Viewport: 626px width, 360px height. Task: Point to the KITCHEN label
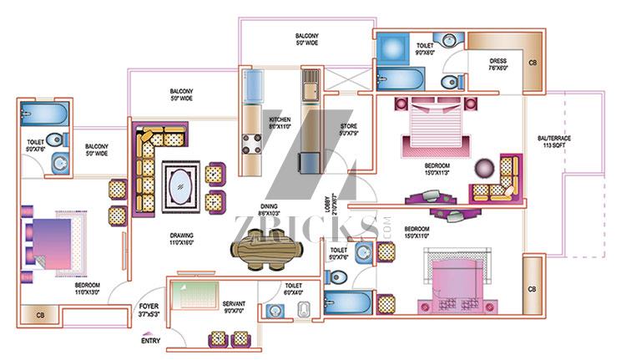279,123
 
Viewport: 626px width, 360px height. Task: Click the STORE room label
348,129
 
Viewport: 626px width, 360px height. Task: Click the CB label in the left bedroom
40,317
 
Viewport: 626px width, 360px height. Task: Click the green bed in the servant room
195,294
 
